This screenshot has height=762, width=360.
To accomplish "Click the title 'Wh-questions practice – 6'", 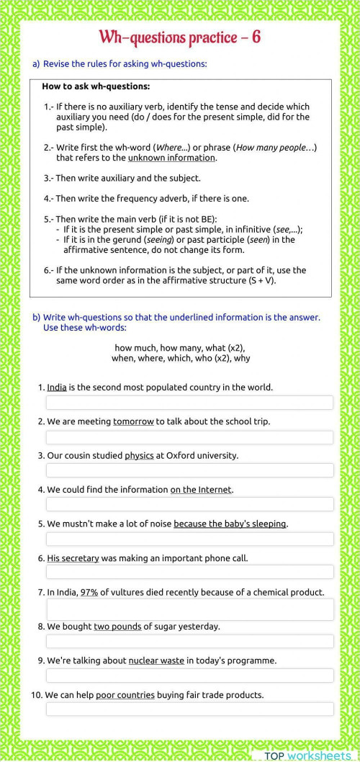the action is [x=179, y=37].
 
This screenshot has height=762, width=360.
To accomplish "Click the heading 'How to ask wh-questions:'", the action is [x=96, y=86].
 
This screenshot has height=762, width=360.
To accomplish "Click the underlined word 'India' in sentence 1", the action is [x=57, y=387].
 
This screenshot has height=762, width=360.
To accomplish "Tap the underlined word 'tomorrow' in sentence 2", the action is [x=133, y=421].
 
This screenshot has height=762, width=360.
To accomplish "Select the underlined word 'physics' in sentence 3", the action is [x=139, y=455].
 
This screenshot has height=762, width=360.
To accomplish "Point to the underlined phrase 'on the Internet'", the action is [x=201, y=490].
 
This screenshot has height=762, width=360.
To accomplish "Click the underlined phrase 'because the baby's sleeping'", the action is [x=230, y=524].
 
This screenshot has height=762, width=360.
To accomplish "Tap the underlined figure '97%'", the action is [x=89, y=592].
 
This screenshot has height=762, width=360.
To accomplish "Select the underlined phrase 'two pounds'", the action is [x=117, y=627].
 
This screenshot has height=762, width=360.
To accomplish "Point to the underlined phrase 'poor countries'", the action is [x=125, y=695].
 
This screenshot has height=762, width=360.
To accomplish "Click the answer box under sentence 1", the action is [x=189, y=403].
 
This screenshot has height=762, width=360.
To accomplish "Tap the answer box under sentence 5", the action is [x=189, y=539].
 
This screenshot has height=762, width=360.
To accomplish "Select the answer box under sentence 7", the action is [x=189, y=609].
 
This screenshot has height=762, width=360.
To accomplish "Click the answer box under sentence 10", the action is [x=189, y=709].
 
